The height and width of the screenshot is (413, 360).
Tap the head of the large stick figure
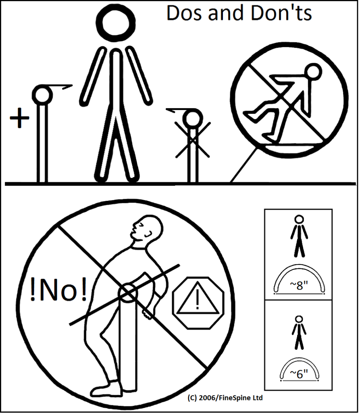117,23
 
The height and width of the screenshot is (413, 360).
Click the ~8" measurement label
300,286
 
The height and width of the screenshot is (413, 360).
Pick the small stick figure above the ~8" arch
299,236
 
